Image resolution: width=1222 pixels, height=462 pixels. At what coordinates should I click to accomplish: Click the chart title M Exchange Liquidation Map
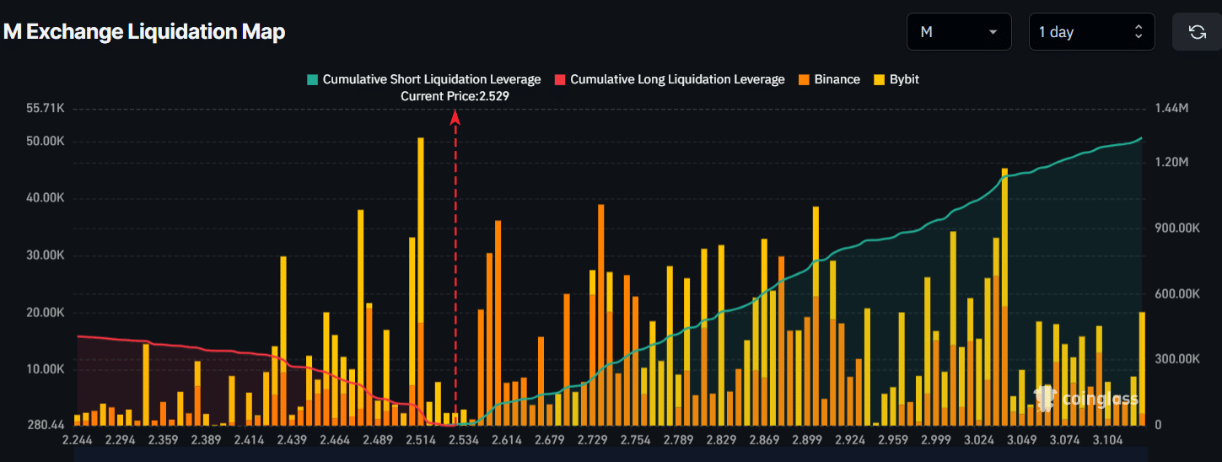[x=144, y=32]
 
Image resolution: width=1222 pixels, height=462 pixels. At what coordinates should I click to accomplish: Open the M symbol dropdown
[x=959, y=32]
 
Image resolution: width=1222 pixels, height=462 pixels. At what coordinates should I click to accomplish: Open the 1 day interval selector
[x=1090, y=32]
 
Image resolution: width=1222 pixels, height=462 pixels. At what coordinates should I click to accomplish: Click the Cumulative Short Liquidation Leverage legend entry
[x=423, y=79]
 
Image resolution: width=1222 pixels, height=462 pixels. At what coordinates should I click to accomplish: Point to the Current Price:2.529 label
[x=455, y=96]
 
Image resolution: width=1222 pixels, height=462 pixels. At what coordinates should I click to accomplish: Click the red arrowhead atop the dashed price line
[x=455, y=117]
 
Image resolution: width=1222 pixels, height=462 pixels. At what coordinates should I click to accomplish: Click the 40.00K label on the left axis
[x=46, y=198]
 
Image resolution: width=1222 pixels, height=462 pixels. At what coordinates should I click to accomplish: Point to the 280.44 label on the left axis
[x=46, y=425]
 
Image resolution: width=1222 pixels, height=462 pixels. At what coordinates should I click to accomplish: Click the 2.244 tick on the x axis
[x=78, y=440]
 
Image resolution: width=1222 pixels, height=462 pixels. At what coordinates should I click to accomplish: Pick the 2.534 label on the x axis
[x=464, y=440]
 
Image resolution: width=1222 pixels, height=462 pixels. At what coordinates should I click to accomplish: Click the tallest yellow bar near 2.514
[x=420, y=278]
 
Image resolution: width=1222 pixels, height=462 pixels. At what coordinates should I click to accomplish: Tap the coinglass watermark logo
[x=1086, y=399]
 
